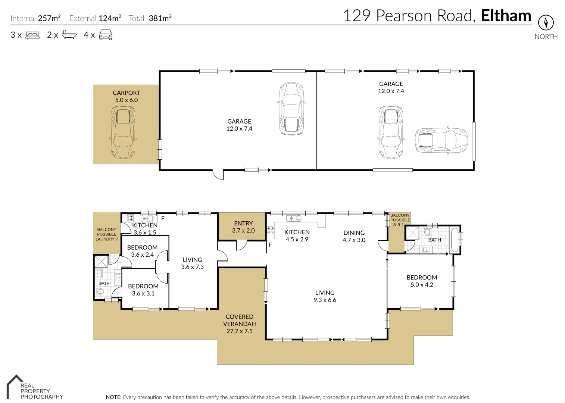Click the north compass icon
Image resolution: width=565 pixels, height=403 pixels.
(546, 22)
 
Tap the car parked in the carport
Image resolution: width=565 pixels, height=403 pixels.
(124, 132)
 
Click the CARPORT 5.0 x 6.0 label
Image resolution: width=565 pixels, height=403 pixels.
(127, 96)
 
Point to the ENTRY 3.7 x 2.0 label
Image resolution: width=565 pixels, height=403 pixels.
(243, 227)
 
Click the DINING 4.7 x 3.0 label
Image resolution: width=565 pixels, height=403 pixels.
(354, 236)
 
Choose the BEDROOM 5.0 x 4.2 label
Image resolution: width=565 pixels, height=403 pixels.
(422, 281)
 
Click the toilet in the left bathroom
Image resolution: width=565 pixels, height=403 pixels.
(100, 292)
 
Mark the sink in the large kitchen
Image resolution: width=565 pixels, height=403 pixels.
(294, 218)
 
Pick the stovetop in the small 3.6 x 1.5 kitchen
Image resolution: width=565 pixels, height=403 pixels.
(129, 218)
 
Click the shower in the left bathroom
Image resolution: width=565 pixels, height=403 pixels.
(101, 261)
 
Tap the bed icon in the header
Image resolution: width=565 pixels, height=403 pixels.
(32, 35)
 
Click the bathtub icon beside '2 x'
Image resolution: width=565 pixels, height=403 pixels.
(69, 35)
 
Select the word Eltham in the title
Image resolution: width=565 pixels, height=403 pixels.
(506, 16)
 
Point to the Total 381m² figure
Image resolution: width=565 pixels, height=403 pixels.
(150, 18)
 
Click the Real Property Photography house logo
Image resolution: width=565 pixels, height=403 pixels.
(15, 387)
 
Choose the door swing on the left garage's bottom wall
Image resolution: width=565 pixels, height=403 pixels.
(218, 175)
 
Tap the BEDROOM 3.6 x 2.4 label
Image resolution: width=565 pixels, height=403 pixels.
(142, 251)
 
